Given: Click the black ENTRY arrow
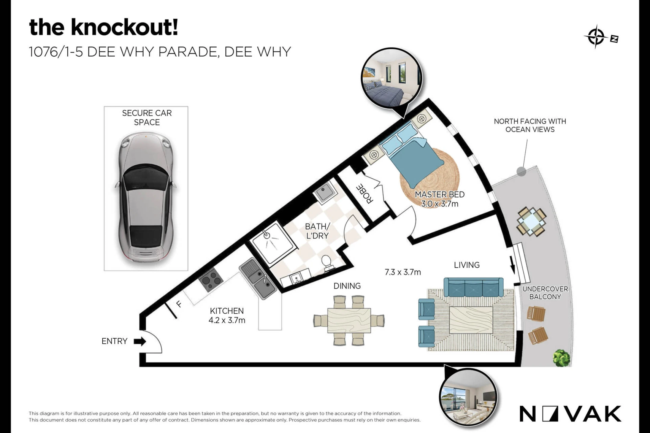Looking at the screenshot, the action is point(140,341).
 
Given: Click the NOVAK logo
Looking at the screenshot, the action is point(570,414).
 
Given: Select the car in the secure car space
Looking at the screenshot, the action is point(146,198).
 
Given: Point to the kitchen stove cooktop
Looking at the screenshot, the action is point(211,280).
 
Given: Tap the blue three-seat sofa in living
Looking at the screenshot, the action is point(473,287).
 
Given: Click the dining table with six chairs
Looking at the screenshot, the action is point(349,320).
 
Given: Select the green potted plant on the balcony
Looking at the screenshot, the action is point(562,358).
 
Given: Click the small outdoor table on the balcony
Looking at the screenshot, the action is point(532,222).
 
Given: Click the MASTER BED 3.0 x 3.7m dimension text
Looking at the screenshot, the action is point(440,199).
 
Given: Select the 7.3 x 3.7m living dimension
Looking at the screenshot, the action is point(403,272).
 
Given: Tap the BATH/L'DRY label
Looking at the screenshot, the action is point(317,231).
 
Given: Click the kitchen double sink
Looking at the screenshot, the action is point(258,278).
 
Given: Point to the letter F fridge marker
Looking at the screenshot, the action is point(179,304).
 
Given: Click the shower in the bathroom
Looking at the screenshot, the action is point(272,244).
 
